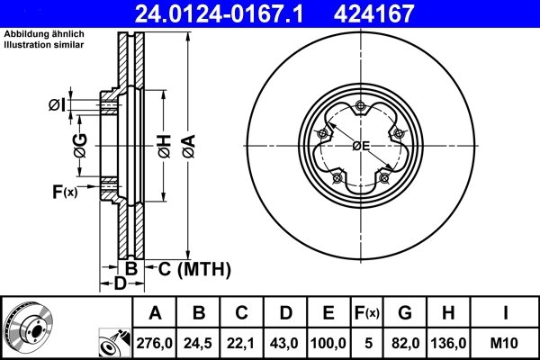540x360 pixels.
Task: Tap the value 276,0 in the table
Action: coord(155,342)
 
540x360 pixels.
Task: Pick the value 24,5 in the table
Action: coord(199,342)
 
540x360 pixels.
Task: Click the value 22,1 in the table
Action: coord(242,342)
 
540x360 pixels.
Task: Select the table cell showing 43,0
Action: coord(285,342)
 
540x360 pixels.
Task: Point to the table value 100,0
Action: coord(328,342)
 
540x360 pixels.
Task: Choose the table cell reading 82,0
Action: coord(405,342)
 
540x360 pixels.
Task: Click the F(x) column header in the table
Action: coord(367,313)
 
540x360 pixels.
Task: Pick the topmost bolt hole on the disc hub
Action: coord(360,107)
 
